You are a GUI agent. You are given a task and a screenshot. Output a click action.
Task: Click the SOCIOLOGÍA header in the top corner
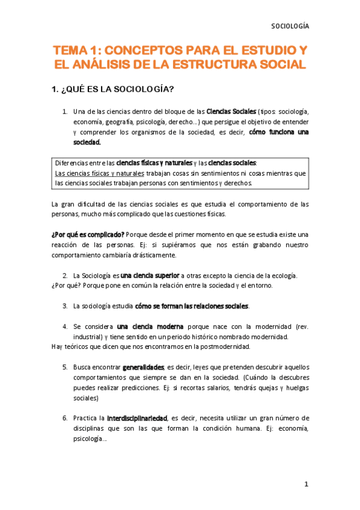(290, 26)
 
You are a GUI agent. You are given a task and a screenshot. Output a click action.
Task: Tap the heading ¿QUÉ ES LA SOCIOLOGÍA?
(114, 90)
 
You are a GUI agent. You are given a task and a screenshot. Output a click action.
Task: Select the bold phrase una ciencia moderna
(142, 327)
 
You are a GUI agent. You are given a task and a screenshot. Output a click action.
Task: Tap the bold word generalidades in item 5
(143, 367)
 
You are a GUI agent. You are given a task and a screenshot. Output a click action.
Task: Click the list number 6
(64, 418)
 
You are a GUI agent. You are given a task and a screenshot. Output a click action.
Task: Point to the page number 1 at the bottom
(306, 484)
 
